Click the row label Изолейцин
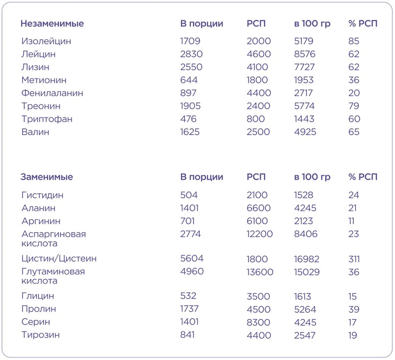click(x=46, y=41)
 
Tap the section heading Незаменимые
click(x=52, y=24)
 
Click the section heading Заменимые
click(x=46, y=177)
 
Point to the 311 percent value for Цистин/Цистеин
click(x=354, y=259)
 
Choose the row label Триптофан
click(x=47, y=119)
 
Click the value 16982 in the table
click(x=309, y=259)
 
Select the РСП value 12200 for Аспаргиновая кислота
click(x=260, y=234)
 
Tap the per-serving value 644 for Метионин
click(x=188, y=80)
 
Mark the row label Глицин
click(x=38, y=296)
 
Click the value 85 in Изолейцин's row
click(x=354, y=41)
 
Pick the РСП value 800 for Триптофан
click(x=256, y=119)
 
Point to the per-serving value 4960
click(x=192, y=271)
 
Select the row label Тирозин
click(x=40, y=335)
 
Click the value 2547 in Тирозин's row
click(x=304, y=335)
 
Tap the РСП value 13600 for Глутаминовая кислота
click(x=260, y=272)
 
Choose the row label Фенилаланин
click(x=52, y=93)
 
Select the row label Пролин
click(x=38, y=309)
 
